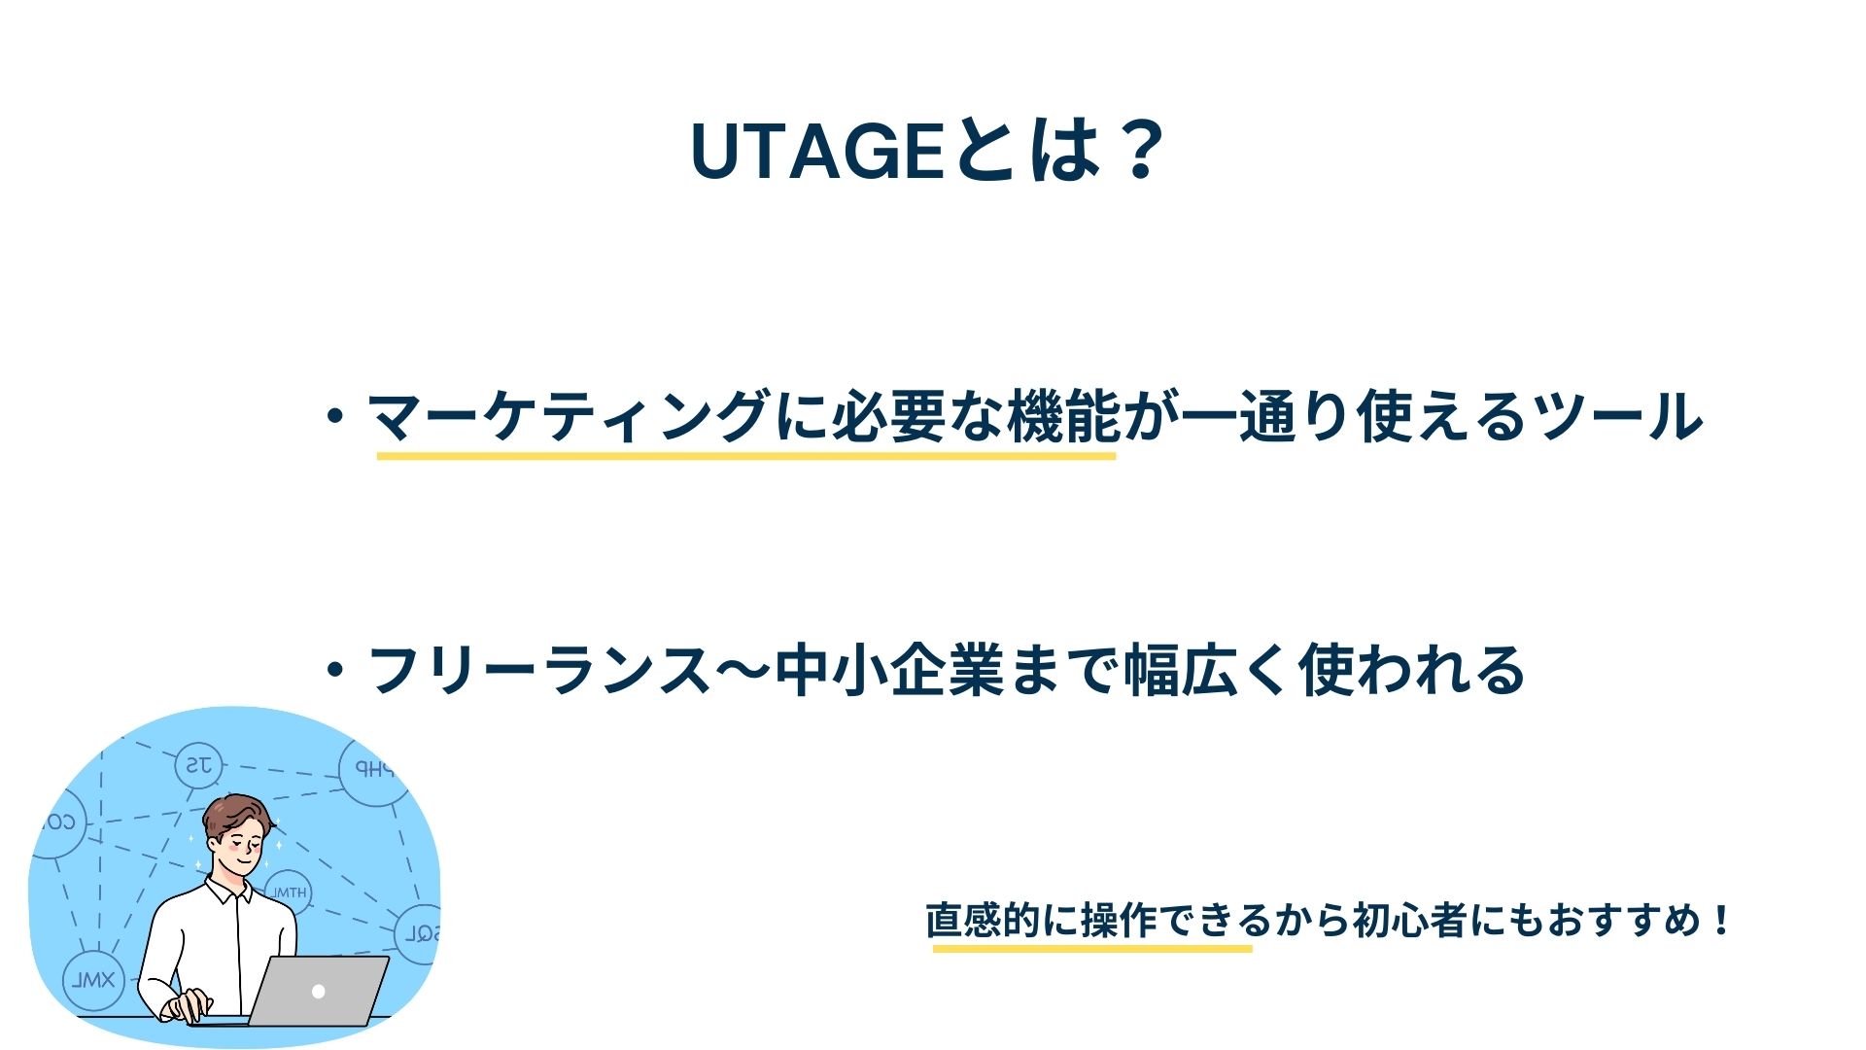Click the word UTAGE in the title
click(817, 152)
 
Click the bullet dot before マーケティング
click(336, 417)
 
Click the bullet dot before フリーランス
click(336, 670)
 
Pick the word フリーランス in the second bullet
click(540, 670)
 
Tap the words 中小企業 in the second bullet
click(890, 670)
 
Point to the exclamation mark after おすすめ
click(1722, 919)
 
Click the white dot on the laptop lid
click(318, 992)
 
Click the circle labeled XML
click(94, 980)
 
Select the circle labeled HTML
click(288, 892)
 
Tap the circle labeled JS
click(199, 766)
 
